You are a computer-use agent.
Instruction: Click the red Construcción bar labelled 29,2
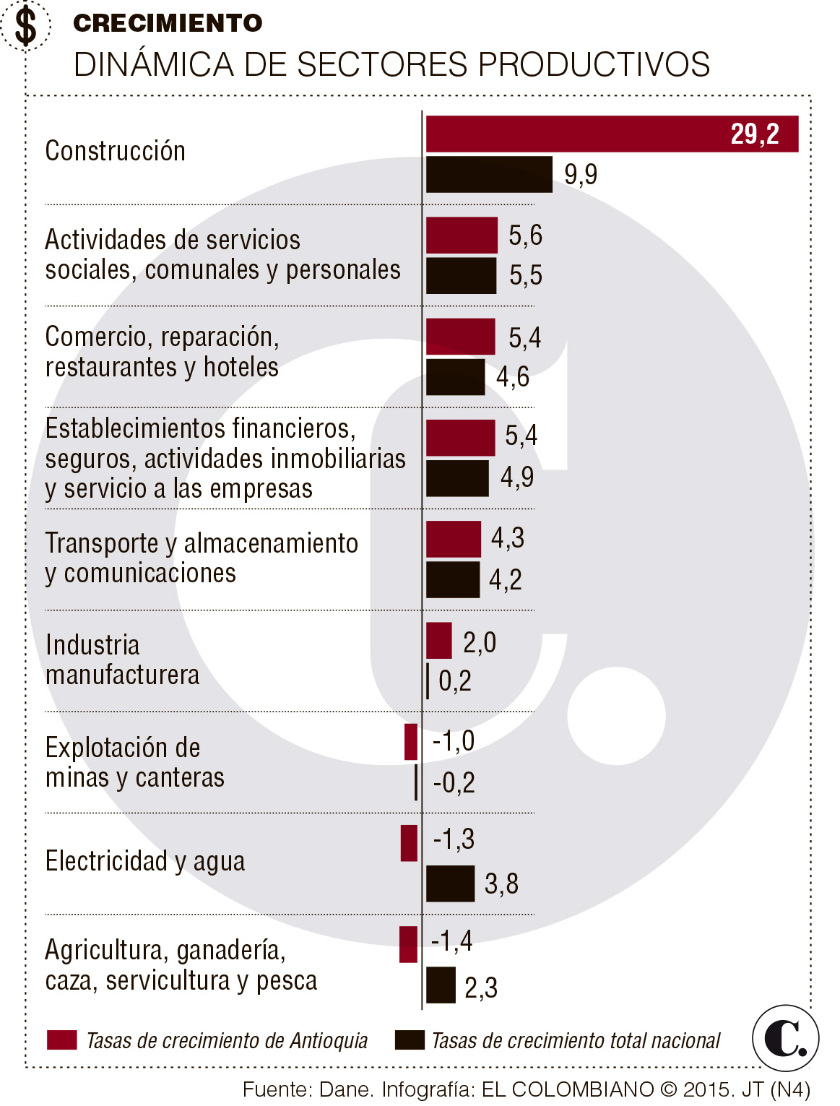point(612,134)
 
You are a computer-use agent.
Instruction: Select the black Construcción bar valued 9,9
point(489,174)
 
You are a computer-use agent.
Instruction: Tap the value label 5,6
point(525,236)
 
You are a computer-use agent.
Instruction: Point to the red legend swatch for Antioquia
point(62,1040)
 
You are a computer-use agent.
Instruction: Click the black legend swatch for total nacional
point(410,1040)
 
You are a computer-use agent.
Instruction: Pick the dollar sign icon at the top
point(26,26)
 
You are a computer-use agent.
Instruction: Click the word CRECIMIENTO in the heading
point(168,23)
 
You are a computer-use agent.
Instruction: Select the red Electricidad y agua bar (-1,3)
point(410,843)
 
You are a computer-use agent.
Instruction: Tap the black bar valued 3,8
point(450,883)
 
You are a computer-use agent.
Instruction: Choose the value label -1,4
point(451,941)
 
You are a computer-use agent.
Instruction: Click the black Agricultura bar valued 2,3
point(441,985)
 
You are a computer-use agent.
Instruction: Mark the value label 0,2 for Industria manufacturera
point(455,681)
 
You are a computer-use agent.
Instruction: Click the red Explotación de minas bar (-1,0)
point(411,742)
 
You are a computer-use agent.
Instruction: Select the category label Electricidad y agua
point(145,861)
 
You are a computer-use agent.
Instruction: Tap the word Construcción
point(116,151)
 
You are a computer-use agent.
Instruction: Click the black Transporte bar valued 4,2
point(453,579)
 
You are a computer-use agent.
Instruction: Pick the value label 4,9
point(517,477)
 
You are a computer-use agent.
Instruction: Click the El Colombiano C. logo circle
point(785,1038)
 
